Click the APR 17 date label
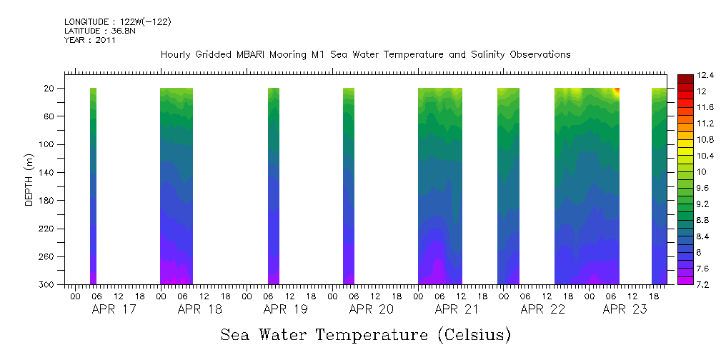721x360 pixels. (x=114, y=309)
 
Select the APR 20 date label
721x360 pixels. (x=372, y=309)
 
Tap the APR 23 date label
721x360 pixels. (x=625, y=309)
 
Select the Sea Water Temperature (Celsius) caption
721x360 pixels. (x=366, y=335)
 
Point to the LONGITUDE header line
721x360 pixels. (x=118, y=22)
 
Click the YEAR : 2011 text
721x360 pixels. (x=90, y=40)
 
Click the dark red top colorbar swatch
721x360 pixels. (x=684, y=78)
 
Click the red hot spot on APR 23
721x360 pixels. (x=617, y=91)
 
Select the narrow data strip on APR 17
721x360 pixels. (x=93, y=186)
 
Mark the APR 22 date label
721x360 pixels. (x=543, y=309)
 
